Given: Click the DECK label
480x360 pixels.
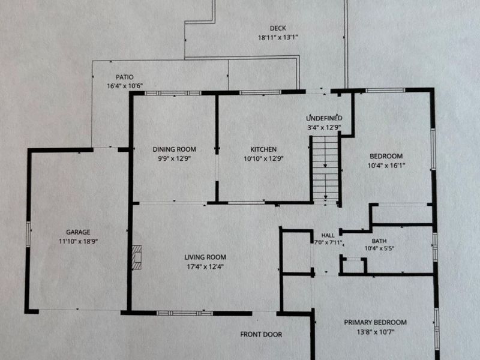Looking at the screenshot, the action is point(278,28).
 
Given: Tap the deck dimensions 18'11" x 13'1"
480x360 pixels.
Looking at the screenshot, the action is point(278,38).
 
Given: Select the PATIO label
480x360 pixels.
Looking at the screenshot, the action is point(125,77).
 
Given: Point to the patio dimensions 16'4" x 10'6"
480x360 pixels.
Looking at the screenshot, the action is point(125,86).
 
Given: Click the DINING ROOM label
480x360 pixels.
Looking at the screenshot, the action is point(174,149).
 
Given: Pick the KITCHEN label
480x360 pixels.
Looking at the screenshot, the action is point(263,149).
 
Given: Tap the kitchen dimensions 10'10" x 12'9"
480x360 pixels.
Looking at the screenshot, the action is point(263,158).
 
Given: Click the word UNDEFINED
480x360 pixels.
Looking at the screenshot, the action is point(324,118).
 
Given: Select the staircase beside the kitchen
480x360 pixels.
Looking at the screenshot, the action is point(325,169).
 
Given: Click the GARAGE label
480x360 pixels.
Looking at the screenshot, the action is point(78,232).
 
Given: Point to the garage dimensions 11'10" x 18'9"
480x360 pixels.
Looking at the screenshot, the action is point(78,242).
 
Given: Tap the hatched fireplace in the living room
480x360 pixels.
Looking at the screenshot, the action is point(137,257).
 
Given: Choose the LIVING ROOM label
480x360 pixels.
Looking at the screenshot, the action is point(205,257).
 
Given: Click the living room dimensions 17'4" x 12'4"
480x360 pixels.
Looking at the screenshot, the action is point(205,266).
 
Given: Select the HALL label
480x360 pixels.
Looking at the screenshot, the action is point(328,235).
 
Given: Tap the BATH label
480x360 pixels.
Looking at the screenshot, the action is point(379,241).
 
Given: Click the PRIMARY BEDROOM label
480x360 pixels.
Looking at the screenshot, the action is point(376,322).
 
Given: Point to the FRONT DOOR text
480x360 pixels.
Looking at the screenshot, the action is point(261,335).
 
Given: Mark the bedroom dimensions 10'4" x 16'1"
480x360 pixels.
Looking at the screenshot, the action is point(386,166).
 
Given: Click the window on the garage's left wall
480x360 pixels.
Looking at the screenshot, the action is point(28,234).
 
